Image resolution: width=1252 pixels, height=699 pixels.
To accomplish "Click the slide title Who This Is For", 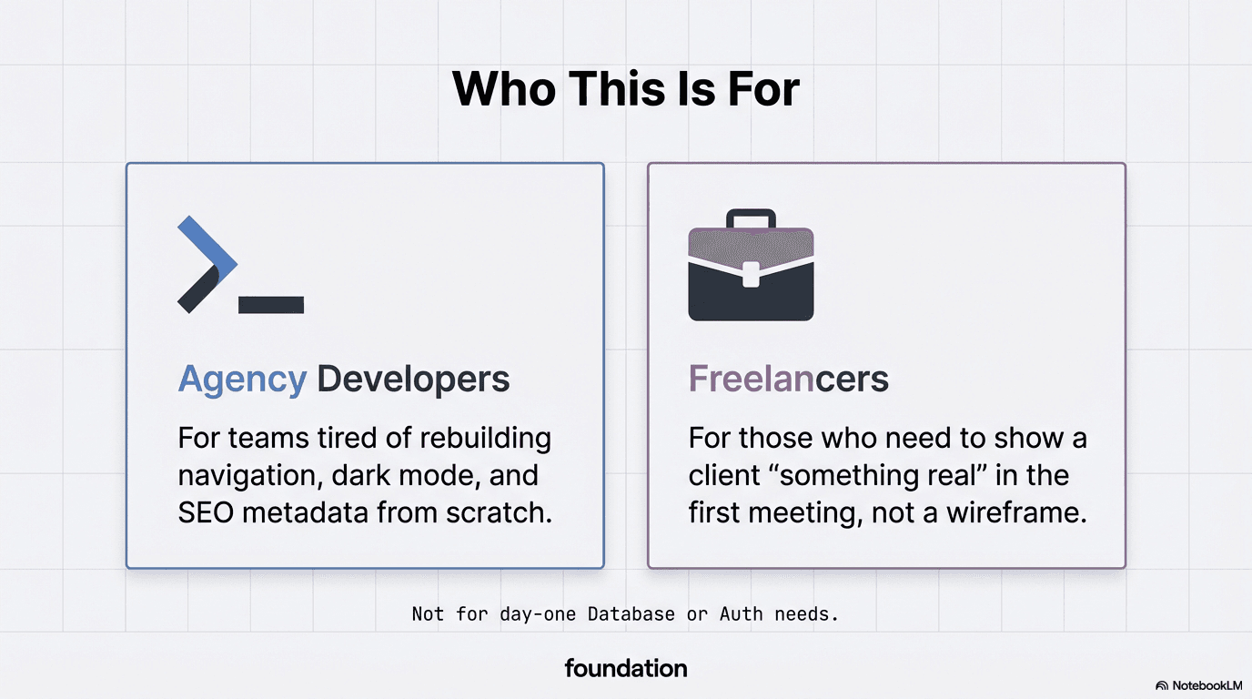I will pos(625,89).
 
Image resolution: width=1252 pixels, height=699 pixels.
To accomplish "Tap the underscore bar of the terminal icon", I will pos(270,305).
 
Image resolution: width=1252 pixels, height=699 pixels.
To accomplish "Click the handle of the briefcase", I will pos(751,218).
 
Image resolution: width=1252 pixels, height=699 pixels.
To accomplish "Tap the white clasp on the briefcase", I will pos(751,274).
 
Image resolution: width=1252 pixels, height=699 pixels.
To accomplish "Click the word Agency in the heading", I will pos(242,379).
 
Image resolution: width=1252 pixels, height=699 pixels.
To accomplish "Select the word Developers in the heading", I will pos(413,379).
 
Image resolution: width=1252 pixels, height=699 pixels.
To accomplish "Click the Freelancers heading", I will pos(788,379).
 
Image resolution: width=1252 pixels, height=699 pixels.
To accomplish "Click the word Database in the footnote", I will pos(631,614).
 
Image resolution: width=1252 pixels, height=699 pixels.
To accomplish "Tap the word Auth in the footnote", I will pos(741,614).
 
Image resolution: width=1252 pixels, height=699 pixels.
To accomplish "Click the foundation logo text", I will pos(625,668).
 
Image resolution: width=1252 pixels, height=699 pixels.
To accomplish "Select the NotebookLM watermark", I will pos(1199,685).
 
